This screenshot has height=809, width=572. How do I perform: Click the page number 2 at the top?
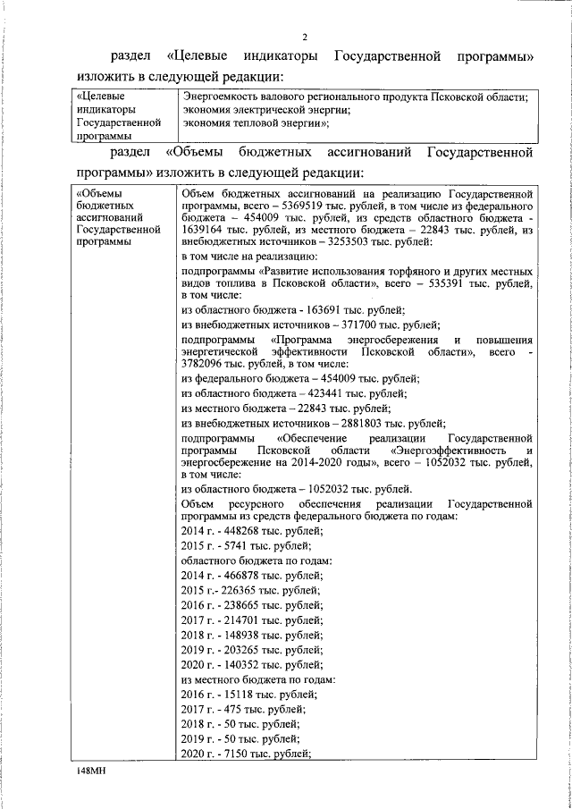click(x=304, y=37)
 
